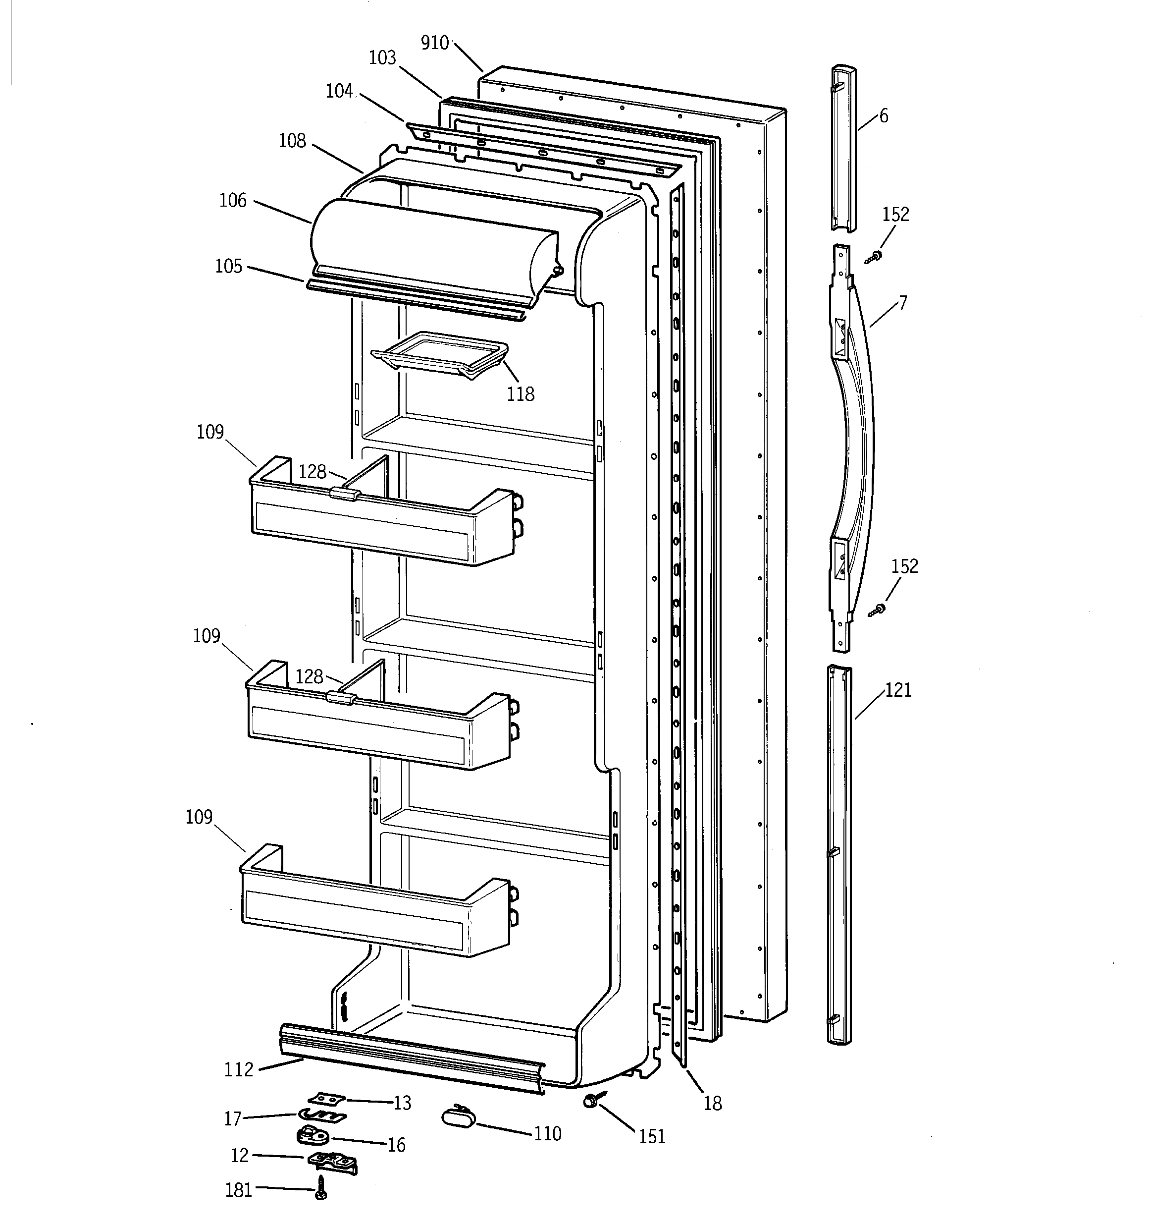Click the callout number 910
434,43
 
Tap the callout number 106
232,200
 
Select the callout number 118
520,394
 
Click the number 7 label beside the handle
902,303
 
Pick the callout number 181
239,1190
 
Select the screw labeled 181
320,1187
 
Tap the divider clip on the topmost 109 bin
345,493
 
